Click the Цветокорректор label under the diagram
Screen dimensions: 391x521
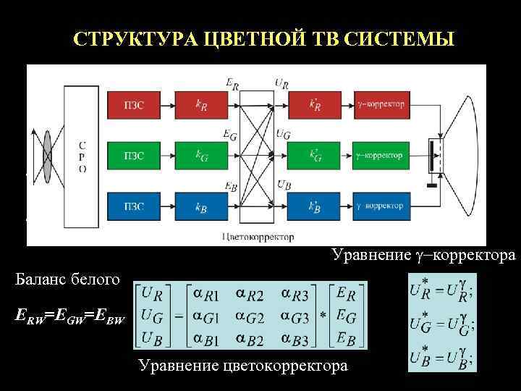pyautogui.click(x=259, y=237)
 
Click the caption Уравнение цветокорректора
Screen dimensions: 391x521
pyautogui.click(x=242, y=366)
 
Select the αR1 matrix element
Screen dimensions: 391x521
pyautogui.click(x=207, y=294)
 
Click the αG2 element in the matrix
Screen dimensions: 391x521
pyautogui.click(x=255, y=316)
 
